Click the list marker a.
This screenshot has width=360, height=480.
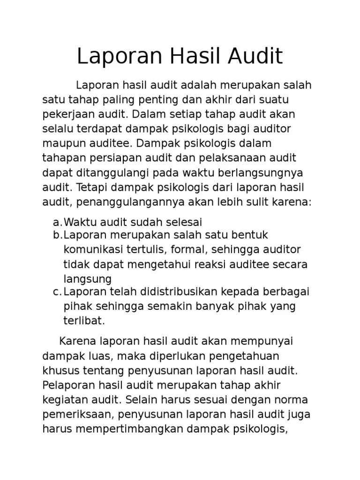click(x=57, y=222)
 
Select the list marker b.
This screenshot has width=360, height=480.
click(x=57, y=235)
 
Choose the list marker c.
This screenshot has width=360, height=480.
click(x=57, y=292)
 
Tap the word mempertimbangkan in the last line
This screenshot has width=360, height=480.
click(x=125, y=429)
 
